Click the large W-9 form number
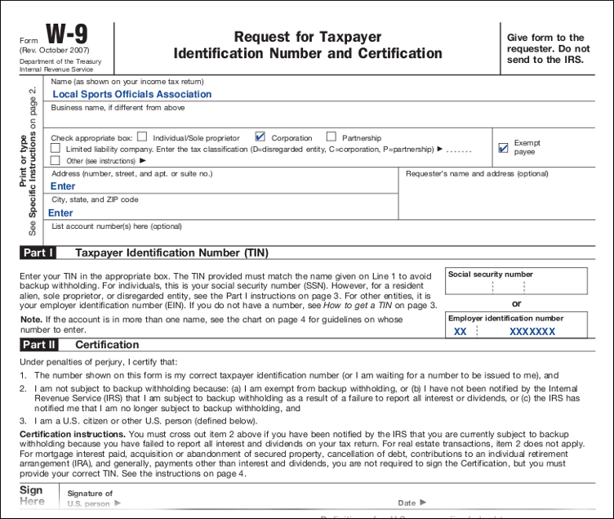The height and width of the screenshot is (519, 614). pyautogui.click(x=66, y=35)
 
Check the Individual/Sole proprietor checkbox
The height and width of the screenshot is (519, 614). pyautogui.click(x=142, y=137)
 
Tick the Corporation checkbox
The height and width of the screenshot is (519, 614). pyautogui.click(x=260, y=137)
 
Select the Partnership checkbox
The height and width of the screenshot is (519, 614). pyautogui.click(x=331, y=137)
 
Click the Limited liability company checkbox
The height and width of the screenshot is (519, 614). pyautogui.click(x=56, y=149)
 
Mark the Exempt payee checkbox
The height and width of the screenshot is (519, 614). pyautogui.click(x=503, y=148)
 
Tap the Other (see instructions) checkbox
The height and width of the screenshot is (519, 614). pyautogui.click(x=56, y=160)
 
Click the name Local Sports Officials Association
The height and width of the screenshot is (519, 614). pyautogui.click(x=131, y=94)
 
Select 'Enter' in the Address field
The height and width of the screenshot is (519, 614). pyautogui.click(x=63, y=186)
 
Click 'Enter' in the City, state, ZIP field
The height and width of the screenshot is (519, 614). pyautogui.click(x=61, y=213)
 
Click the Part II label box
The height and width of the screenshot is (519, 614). pyautogui.click(x=38, y=345)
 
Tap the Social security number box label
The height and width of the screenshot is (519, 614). pyautogui.click(x=490, y=275)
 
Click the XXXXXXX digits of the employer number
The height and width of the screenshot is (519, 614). pyautogui.click(x=532, y=332)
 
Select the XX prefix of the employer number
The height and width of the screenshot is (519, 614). pyautogui.click(x=461, y=332)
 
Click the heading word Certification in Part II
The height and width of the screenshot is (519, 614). pyautogui.click(x=107, y=345)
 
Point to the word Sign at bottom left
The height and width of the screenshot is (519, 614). pyautogui.click(x=31, y=490)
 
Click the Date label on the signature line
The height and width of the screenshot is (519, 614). pyautogui.click(x=407, y=503)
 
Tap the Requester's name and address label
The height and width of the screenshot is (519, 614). pyautogui.click(x=477, y=173)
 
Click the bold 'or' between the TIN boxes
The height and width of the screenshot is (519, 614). pyautogui.click(x=516, y=304)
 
